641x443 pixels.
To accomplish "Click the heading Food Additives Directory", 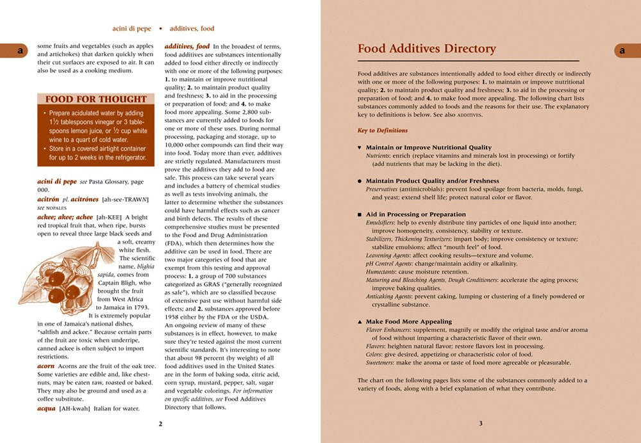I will click(426, 49).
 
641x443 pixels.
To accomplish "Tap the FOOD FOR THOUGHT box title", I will click(96, 99).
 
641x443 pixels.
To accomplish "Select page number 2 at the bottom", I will click(160, 423).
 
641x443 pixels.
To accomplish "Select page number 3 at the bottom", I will click(481, 423).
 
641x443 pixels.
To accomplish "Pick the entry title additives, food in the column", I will click(187, 47).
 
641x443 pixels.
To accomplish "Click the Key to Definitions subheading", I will click(383, 131).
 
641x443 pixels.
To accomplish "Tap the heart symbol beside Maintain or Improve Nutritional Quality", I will click(360, 148).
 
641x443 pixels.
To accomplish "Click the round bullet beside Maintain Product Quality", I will click(360, 181).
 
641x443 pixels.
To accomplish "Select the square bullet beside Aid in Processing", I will click(360, 214).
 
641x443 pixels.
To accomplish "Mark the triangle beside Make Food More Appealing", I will click(360, 321).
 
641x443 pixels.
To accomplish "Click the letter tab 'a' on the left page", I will click(20, 50).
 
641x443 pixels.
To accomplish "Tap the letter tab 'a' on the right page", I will click(622, 50).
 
